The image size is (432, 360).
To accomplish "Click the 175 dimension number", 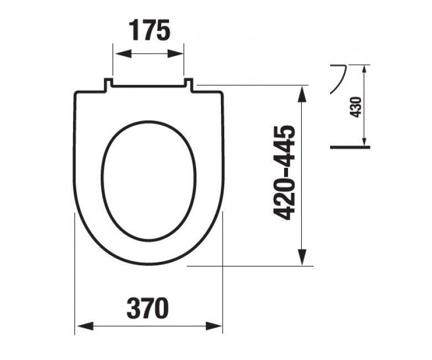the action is tap(150, 30).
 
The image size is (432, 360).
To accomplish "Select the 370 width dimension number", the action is tap(148, 308).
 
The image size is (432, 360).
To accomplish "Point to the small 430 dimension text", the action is tap(357, 107).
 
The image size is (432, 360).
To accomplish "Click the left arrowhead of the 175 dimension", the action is tap(123, 54).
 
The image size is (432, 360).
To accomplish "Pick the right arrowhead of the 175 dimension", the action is tap(175, 54).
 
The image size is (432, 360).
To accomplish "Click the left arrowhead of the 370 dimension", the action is tap(86, 326).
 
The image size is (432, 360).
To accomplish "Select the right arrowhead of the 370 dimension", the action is tap(214, 326).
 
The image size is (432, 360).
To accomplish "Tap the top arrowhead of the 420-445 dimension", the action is tap(302, 94).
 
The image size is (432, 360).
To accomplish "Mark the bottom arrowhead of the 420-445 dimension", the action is tap(302, 257).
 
